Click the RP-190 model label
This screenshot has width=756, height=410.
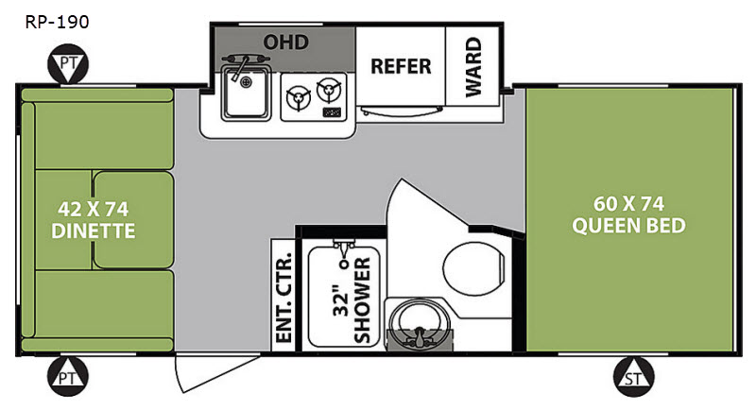click(x=57, y=22)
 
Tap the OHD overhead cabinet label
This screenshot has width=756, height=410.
click(x=285, y=42)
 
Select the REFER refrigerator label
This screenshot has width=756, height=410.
click(x=401, y=66)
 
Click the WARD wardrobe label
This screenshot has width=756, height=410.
click(x=473, y=67)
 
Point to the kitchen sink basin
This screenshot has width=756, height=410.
click(x=246, y=93)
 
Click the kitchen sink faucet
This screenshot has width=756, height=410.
click(x=244, y=65)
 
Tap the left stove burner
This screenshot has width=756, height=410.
click(x=299, y=98)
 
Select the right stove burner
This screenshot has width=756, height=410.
click(x=329, y=90)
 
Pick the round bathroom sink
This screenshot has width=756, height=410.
click(x=419, y=322)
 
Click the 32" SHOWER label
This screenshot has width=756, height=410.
click(x=352, y=299)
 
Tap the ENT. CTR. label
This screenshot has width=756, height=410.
click(x=283, y=298)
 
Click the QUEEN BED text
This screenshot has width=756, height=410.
click(x=628, y=226)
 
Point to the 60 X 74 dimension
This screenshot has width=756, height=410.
click(x=628, y=204)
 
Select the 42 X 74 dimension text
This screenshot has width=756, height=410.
click(x=93, y=209)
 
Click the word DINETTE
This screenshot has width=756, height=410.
click(x=93, y=231)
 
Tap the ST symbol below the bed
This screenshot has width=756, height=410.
click(x=633, y=377)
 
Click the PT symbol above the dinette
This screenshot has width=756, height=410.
click(x=68, y=64)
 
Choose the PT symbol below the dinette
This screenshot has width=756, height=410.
click(x=68, y=377)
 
